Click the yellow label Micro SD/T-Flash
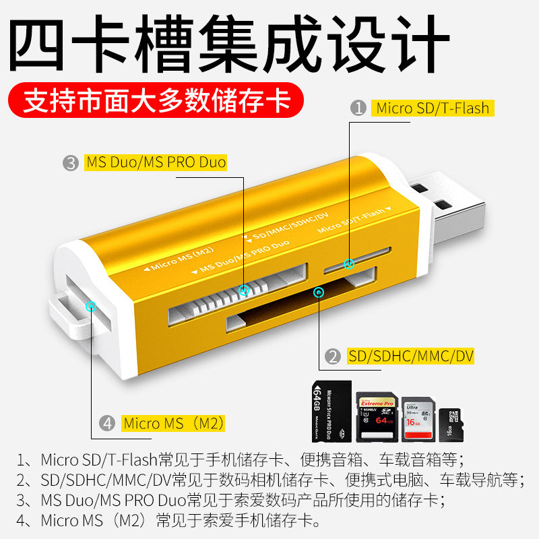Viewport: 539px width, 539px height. pos(432,108)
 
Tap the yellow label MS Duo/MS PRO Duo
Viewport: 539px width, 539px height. pos(156,162)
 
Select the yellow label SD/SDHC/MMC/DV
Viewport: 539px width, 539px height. pos(411,356)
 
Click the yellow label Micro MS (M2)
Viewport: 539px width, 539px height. pos(173,424)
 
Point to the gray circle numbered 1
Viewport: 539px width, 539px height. pos(359,108)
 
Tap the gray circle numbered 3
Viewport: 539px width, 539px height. pos(71,162)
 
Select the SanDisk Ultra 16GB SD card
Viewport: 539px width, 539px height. pos(418,418)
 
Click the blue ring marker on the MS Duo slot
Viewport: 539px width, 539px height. pos(245,290)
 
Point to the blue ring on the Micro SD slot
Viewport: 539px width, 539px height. pos(349,264)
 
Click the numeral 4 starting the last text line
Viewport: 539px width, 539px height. pos(22,521)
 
